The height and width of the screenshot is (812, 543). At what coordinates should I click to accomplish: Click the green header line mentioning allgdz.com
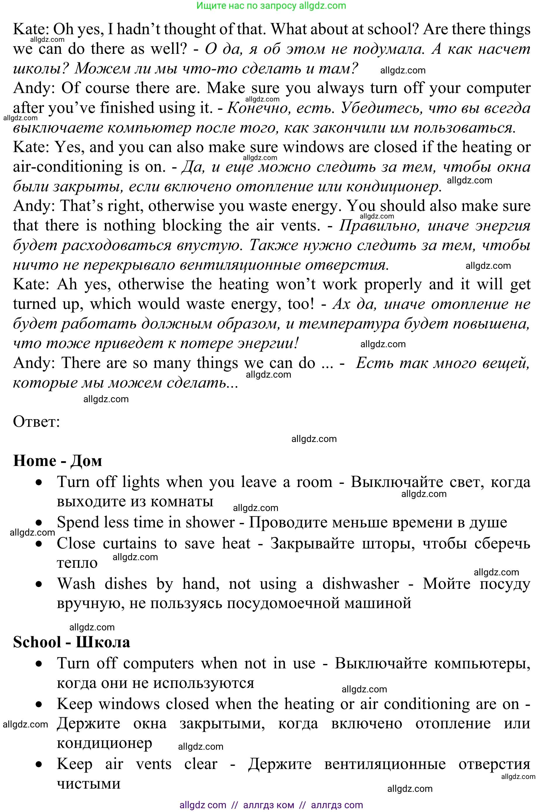(271, 6)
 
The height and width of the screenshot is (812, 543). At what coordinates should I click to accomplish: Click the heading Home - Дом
(58, 461)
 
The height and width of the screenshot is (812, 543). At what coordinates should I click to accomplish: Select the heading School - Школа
(71, 642)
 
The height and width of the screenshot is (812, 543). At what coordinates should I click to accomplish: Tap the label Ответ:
(36, 422)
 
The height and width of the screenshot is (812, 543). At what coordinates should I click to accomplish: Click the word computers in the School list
(158, 663)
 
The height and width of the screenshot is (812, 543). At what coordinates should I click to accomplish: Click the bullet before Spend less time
(39, 522)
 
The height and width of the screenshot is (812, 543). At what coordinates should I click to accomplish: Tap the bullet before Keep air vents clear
(39, 764)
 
